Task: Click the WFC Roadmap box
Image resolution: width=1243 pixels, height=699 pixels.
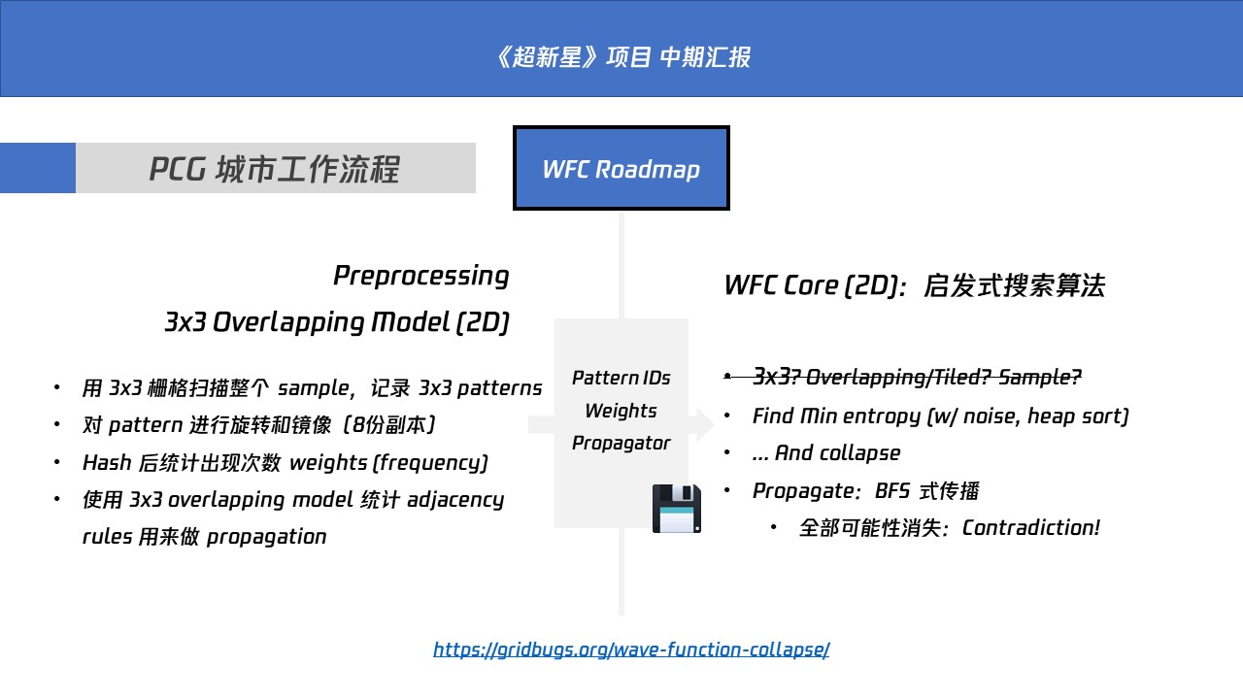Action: [x=621, y=168]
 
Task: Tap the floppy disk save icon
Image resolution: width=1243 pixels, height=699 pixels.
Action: [x=676, y=508]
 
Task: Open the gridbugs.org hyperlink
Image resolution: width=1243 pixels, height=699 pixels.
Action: [x=631, y=649]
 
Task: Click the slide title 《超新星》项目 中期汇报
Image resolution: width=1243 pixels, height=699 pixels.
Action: [x=621, y=57]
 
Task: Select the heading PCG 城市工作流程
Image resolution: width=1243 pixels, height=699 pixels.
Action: [x=274, y=169]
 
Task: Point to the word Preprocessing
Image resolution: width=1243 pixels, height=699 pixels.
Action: [x=420, y=276]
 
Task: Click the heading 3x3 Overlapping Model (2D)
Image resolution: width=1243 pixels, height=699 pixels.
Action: [x=337, y=322]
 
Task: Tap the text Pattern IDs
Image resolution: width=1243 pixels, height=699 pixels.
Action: [x=621, y=378]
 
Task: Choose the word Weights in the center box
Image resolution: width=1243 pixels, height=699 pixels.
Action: [x=621, y=411]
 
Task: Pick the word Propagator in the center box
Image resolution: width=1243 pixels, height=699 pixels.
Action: [x=621, y=443]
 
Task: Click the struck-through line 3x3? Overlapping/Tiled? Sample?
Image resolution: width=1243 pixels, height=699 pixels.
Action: [x=917, y=377]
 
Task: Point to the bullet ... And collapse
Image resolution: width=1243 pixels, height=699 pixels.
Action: [x=825, y=453]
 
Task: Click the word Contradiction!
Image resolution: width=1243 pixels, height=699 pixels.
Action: [x=1030, y=528]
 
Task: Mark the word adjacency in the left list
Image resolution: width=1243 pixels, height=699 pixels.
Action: [x=455, y=500]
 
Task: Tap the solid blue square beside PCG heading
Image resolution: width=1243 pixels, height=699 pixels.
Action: [x=38, y=168]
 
